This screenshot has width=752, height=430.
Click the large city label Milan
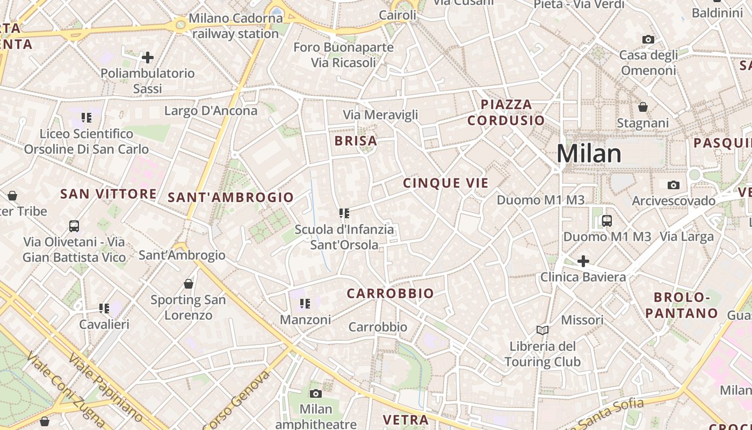tap(589, 154)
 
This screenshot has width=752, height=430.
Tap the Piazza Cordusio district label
tap(506, 112)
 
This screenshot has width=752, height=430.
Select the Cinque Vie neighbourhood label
tap(446, 183)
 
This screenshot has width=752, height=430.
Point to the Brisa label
tap(356, 141)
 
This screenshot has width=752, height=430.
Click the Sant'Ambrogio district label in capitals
tap(231, 197)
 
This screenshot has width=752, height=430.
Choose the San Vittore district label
tap(109, 194)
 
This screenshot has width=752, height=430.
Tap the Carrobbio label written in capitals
tap(390, 293)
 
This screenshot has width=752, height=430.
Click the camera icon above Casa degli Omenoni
tap(648, 39)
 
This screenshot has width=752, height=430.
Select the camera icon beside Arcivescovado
tap(673, 185)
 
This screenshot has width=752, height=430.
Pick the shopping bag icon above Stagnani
tap(643, 107)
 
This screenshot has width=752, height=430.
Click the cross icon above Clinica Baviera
tap(583, 261)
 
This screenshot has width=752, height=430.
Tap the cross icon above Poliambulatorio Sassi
tap(148, 57)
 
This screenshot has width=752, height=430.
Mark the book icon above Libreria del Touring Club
tap(543, 329)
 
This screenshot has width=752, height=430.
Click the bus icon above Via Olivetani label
tap(74, 226)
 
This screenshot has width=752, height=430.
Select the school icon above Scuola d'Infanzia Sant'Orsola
tap(344, 213)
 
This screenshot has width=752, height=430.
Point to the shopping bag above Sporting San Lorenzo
tap(189, 283)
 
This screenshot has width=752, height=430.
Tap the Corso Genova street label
tap(236, 400)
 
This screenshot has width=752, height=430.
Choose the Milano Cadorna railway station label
tap(235, 26)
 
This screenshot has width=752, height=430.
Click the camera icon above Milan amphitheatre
tap(316, 393)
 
